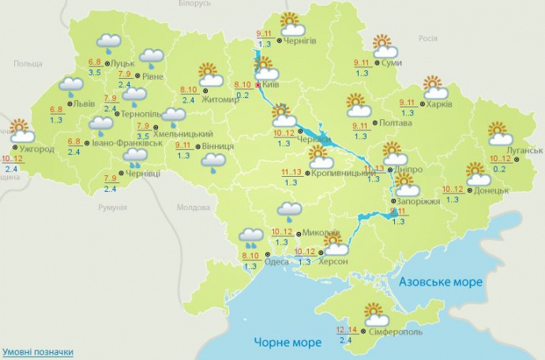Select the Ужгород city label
[x=36, y=148]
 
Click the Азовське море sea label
[x=440, y=282]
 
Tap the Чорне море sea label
[x=288, y=342]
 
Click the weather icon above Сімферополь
[x=374, y=315]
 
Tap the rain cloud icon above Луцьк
[x=108, y=43]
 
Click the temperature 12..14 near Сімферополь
[x=347, y=329]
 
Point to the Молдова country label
[x=194, y=208]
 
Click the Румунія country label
[x=112, y=207]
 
